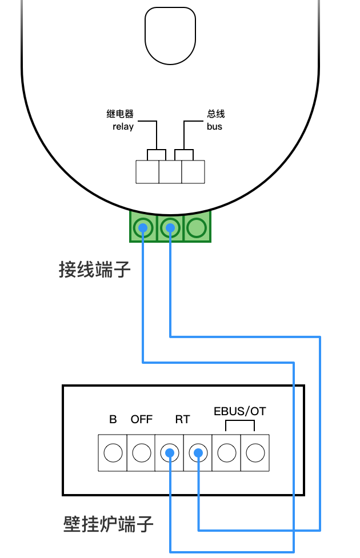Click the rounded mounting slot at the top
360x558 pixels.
pos(170,35)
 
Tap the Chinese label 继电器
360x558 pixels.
pos(120,114)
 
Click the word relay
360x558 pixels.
pos(123,126)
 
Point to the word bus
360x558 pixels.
pos(214,126)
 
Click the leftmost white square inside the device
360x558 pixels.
pos(147,172)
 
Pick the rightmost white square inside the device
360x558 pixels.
pos(193,172)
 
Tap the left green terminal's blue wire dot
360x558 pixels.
pos(142,228)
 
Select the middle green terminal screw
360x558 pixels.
pos(170,228)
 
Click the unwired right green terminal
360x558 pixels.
pos(197,228)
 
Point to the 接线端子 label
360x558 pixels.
pos(95,270)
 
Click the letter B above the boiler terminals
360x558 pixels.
pos(113,419)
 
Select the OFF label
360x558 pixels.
pos(142,419)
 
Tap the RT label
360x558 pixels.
pos(182,419)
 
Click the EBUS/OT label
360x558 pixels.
pos(239,411)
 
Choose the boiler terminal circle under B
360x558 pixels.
pos(113,453)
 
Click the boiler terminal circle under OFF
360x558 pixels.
pos(141,453)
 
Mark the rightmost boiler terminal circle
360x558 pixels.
pos(255,453)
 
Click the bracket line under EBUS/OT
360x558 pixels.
pos(240,421)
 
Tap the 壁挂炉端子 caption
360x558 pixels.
pos(109,524)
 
